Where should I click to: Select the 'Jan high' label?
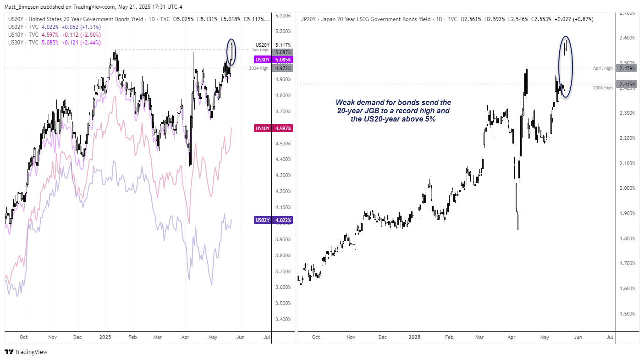tap(260, 50)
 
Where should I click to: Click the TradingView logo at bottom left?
tap(26, 352)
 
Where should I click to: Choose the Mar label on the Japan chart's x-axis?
tap(479, 337)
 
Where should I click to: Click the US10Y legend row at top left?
tap(55, 34)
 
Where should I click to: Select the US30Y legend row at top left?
tap(55, 43)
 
